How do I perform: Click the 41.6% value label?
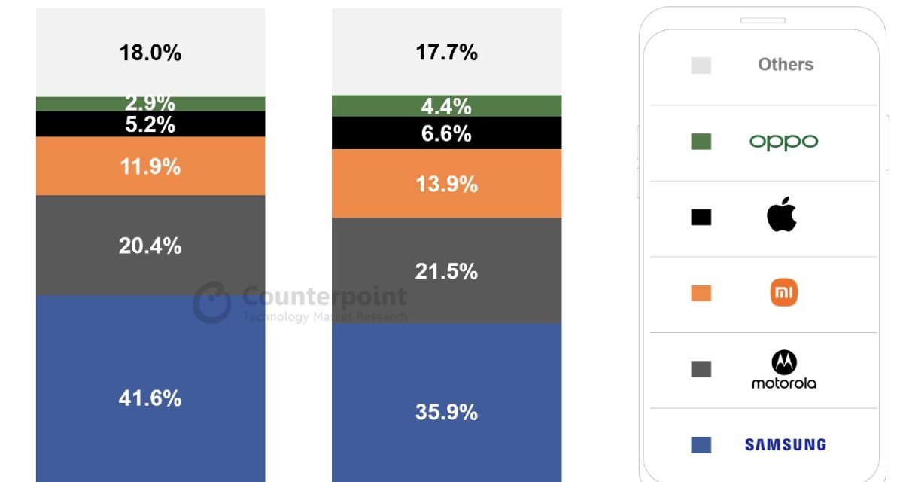pyautogui.click(x=150, y=398)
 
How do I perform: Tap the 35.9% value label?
pyautogui.click(x=446, y=412)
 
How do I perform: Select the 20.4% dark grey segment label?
pyautogui.click(x=150, y=246)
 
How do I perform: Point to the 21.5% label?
pyautogui.click(x=446, y=271)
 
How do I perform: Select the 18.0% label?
pyautogui.click(x=150, y=53)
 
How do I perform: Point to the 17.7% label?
pyautogui.click(x=446, y=52)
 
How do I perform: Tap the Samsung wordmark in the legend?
pyautogui.click(x=785, y=444)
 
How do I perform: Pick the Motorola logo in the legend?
pyautogui.click(x=783, y=370)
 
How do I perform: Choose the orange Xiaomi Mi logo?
pyautogui.click(x=783, y=293)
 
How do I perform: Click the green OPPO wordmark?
pyautogui.click(x=783, y=142)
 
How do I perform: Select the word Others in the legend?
pyautogui.click(x=786, y=65)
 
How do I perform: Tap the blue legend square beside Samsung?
pyautogui.click(x=701, y=444)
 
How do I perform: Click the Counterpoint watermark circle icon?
pyautogui.click(x=211, y=302)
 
